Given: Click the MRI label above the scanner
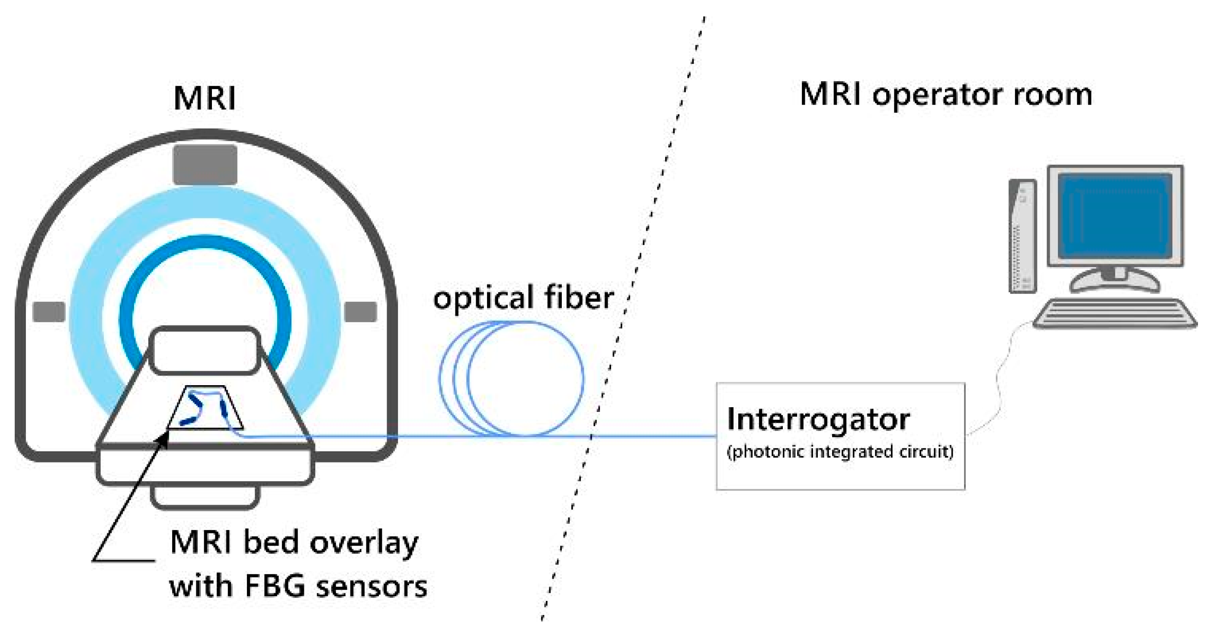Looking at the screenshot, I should click(205, 99).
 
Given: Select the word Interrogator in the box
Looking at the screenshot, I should click(818, 419).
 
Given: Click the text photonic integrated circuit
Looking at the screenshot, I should click(840, 452).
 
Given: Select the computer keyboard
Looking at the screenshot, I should click(1114, 313).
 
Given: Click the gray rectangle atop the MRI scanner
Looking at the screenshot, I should click(205, 164).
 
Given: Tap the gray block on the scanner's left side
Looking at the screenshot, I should click(49, 312).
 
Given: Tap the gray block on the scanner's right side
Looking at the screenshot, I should click(361, 312).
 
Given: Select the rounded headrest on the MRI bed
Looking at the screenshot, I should click(204, 351).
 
